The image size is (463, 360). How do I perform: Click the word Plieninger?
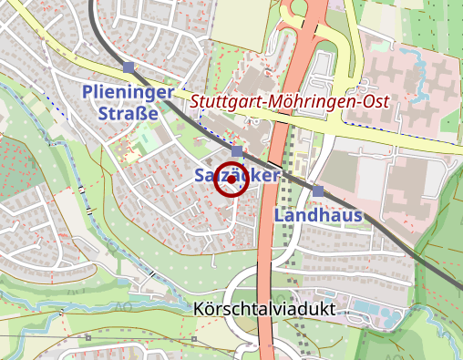click(127, 92)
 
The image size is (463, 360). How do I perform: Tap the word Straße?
click(128, 113)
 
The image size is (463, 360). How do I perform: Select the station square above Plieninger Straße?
click(129, 67)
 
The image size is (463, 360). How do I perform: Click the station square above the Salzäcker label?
click(237, 150)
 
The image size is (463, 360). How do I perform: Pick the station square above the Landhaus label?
click(318, 190)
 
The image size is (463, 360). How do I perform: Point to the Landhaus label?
click(318, 216)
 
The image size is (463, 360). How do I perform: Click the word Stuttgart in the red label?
click(223, 102)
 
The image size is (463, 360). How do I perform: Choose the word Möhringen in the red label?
click(310, 102)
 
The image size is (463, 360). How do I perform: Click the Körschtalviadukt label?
click(264, 310)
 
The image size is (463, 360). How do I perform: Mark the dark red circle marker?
click(231, 180)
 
